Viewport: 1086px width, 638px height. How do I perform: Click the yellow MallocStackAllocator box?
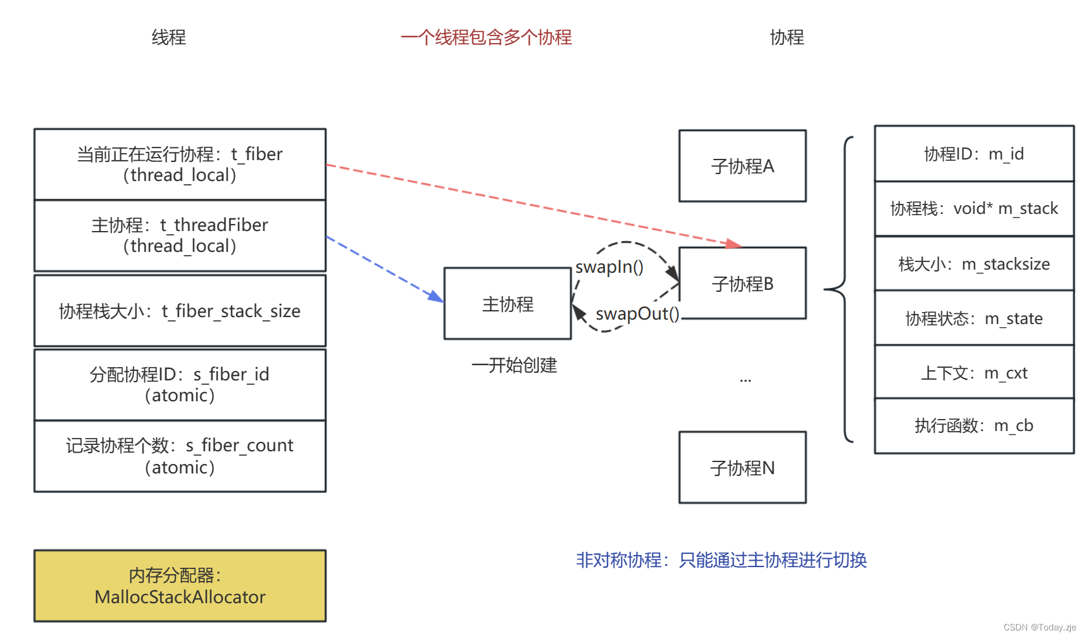click(180, 585)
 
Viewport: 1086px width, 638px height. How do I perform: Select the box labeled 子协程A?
click(742, 166)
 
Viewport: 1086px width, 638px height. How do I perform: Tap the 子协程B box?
click(742, 284)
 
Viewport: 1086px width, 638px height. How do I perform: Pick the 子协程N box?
click(742, 468)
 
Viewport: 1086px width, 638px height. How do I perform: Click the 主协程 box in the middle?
click(508, 304)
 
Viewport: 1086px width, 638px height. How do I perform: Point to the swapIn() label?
click(609, 267)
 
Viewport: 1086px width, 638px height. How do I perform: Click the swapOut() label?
click(637, 313)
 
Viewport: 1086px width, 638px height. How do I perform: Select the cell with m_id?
click(973, 154)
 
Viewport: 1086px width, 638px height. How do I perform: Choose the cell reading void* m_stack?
click(973, 208)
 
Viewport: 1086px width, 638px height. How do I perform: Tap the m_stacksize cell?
click(973, 264)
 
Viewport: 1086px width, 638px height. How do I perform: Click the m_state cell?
click(973, 318)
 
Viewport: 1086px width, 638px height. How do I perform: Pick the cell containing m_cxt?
click(973, 373)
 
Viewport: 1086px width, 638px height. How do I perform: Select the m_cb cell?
click(973, 426)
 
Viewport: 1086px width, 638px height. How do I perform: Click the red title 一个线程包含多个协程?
click(486, 37)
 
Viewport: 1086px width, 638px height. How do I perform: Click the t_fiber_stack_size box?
click(180, 311)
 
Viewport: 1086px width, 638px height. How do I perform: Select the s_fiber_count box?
click(180, 456)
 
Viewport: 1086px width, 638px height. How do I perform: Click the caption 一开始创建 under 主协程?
click(514, 365)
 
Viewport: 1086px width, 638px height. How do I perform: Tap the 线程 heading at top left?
click(168, 37)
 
